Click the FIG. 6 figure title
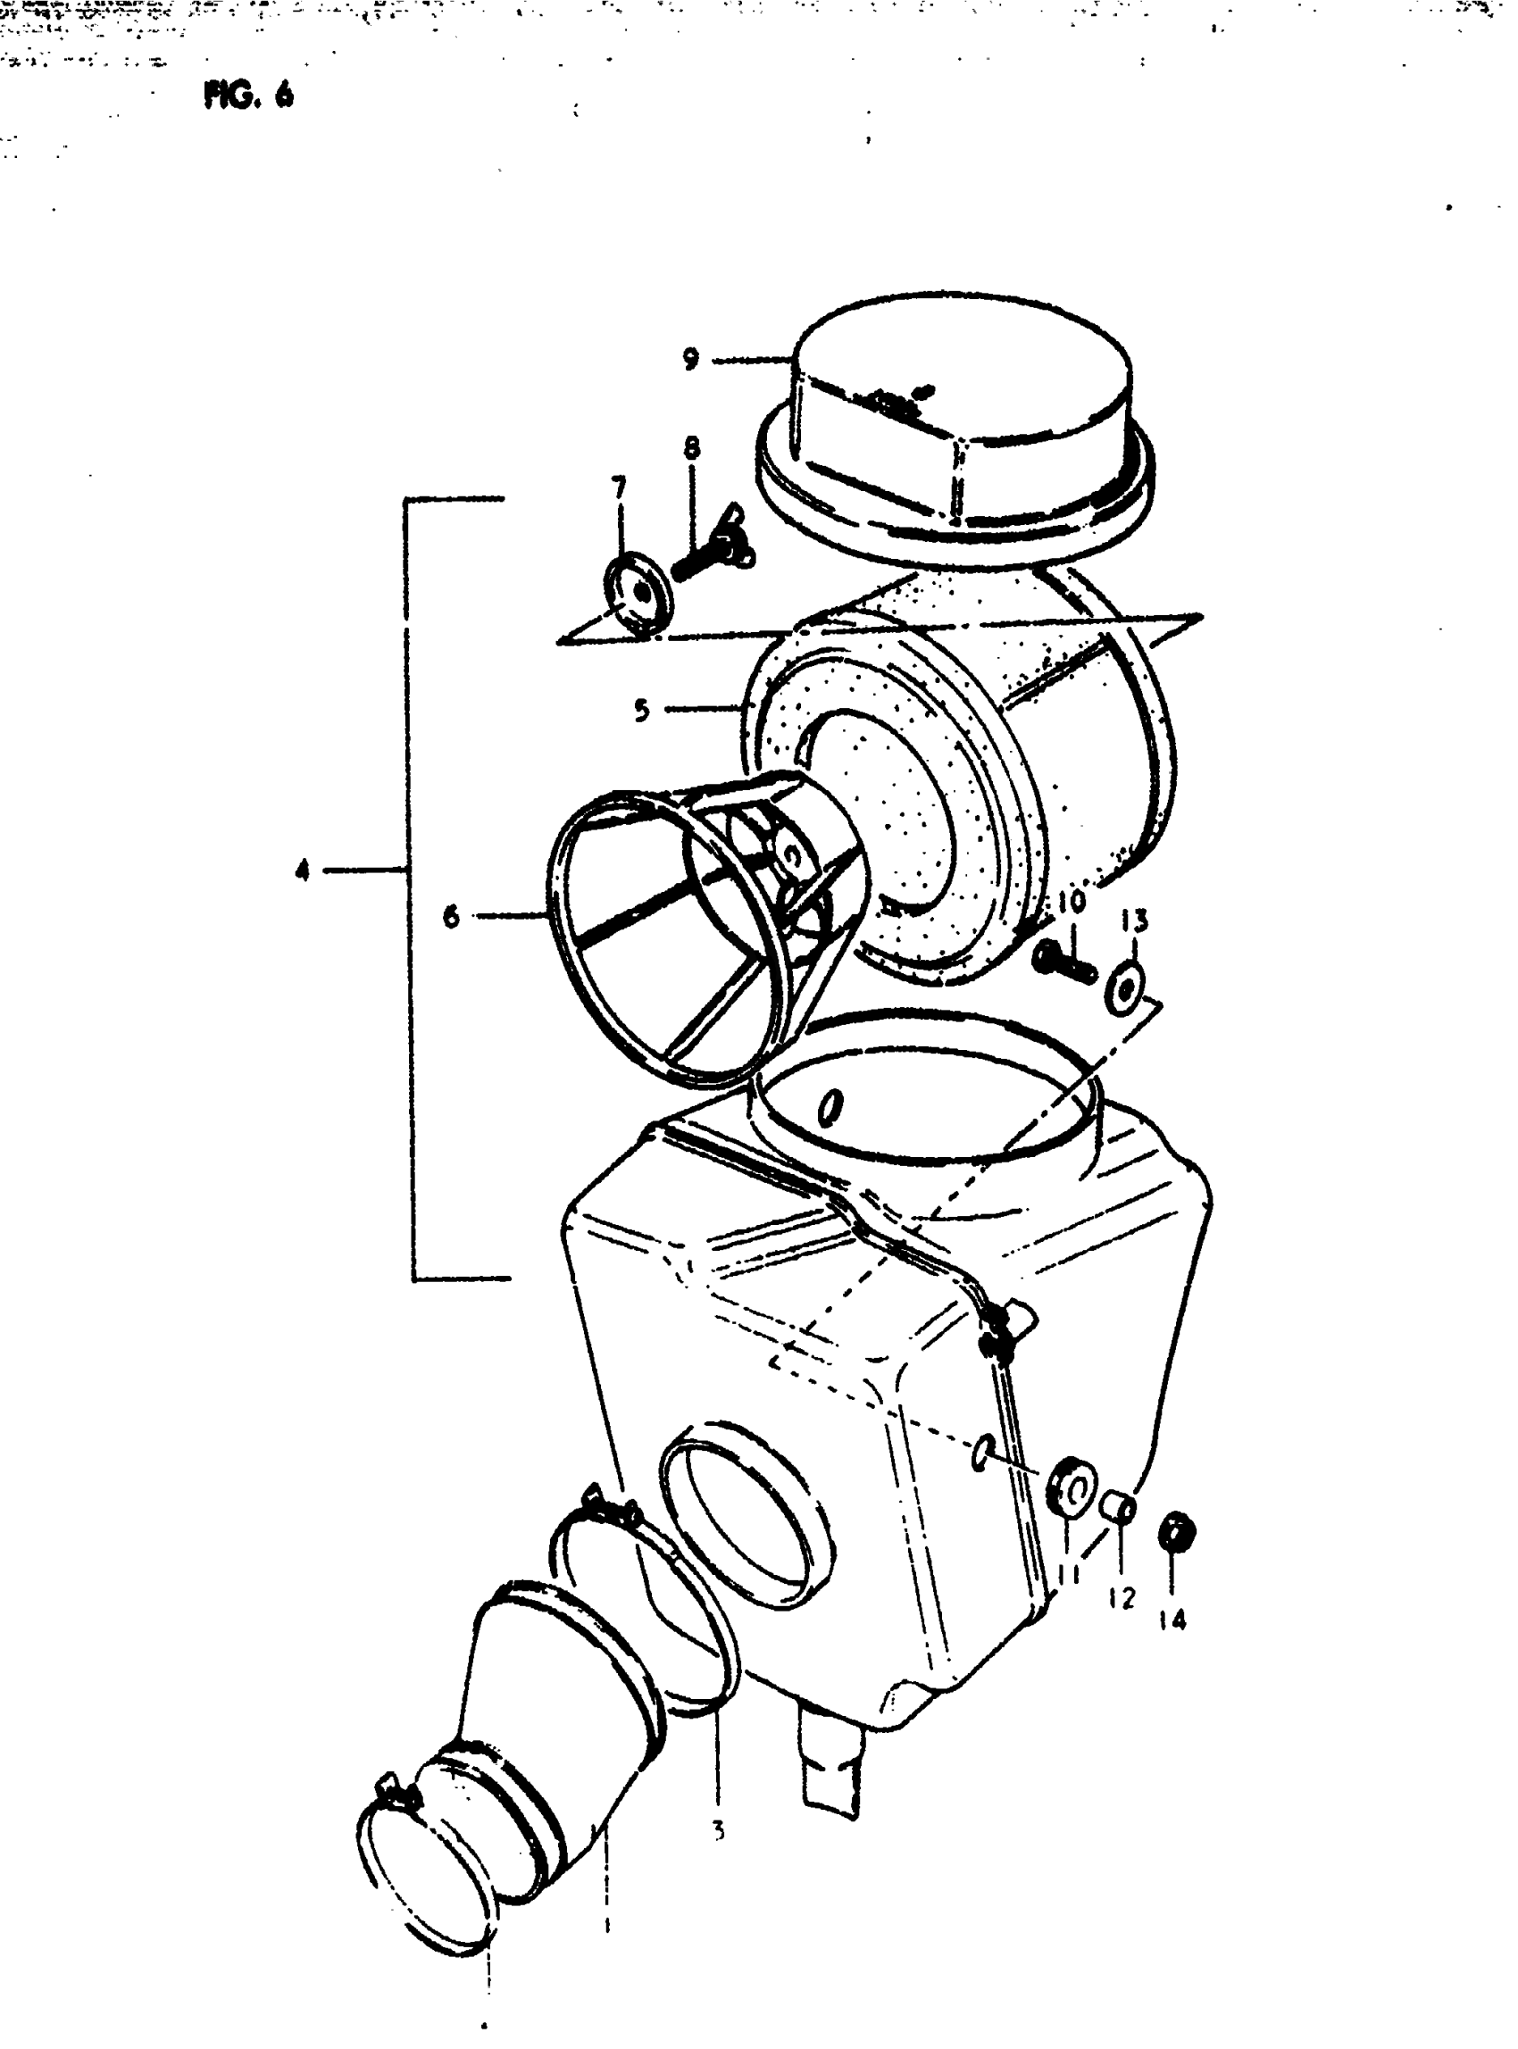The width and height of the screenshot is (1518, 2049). (249, 96)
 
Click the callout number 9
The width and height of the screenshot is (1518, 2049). (691, 359)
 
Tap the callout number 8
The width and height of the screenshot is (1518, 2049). (692, 447)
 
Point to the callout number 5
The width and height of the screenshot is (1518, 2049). (641, 710)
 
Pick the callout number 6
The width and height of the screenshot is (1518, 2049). (451, 916)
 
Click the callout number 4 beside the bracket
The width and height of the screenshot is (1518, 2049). (303, 870)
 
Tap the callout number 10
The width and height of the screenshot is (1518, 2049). (1072, 902)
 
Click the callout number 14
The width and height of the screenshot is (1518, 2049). (1172, 1620)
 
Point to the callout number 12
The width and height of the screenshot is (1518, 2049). (1121, 1599)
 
